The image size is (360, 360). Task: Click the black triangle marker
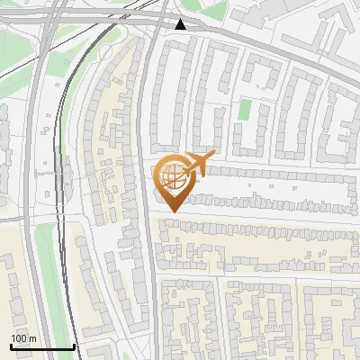click(181, 24)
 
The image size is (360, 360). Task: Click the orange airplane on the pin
click(197, 164)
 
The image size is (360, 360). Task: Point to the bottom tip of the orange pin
click(173, 212)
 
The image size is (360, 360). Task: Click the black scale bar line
click(41, 346)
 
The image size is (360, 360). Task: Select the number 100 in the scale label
click(19, 338)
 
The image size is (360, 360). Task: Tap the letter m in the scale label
click(32, 338)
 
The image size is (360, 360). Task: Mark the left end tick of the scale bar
click(11, 345)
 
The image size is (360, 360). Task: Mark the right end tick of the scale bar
click(73, 345)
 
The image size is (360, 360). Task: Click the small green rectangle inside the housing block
click(245, 112)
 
